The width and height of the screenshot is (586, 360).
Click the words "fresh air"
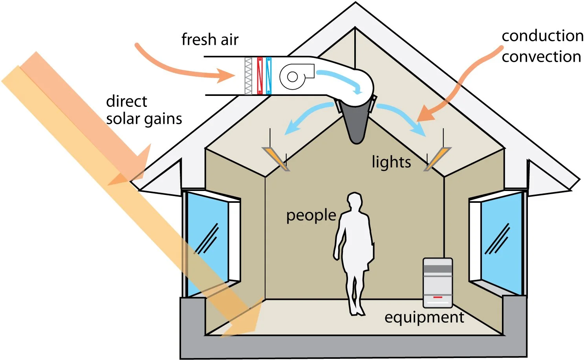point(210,40)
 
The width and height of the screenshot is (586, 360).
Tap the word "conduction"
point(542,36)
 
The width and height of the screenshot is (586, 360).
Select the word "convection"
point(541,57)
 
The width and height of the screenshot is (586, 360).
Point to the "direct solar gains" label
point(144,110)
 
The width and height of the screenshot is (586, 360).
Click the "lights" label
point(391,162)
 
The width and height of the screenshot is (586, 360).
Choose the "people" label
point(311,215)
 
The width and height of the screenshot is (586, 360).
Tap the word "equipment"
point(424,318)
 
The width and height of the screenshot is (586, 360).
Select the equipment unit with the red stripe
point(438,283)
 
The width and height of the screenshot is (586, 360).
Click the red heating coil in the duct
point(260,75)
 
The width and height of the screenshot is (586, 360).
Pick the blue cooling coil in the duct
point(269,75)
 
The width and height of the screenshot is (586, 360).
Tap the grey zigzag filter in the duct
point(248,75)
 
